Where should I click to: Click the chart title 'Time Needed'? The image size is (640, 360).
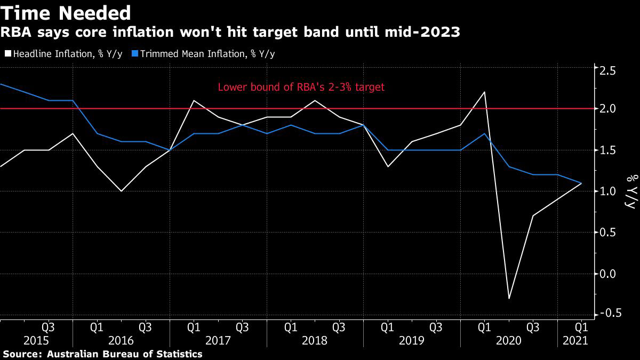(67, 12)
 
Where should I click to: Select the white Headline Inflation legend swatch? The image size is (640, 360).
(7, 54)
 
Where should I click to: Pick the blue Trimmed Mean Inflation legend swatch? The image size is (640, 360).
(135, 54)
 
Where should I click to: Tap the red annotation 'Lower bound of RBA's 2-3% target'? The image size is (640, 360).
(301, 87)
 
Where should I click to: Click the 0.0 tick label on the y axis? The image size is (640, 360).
(609, 274)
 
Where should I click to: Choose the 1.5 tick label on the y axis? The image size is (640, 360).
(609, 150)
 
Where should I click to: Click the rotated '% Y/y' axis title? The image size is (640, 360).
(630, 191)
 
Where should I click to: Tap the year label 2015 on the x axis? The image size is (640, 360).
(36, 341)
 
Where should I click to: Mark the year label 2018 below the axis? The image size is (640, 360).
(315, 341)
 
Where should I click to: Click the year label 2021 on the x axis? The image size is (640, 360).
(577, 341)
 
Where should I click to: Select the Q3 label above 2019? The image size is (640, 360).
(436, 326)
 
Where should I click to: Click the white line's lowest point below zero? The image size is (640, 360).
(509, 298)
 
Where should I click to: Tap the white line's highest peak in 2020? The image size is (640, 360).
(484, 92)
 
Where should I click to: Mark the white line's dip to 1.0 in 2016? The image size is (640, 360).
(121, 191)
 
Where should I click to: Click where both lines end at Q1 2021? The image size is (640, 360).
(581, 183)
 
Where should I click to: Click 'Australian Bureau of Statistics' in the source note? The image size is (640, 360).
(125, 354)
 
